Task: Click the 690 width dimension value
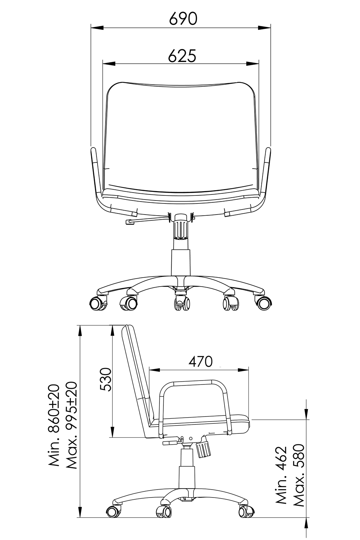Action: coord(183,19)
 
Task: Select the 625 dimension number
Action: coord(182,56)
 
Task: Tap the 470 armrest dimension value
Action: coord(201,361)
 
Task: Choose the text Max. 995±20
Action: coord(71,425)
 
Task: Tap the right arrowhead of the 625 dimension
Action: coord(252,64)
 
